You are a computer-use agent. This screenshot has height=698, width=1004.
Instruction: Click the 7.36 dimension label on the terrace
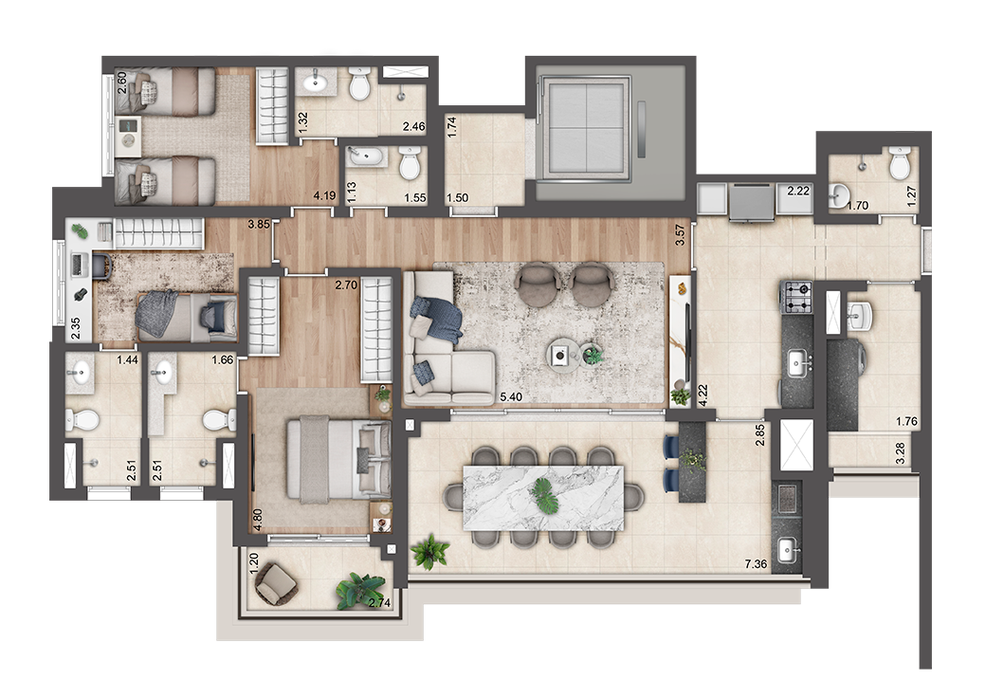pos(756,564)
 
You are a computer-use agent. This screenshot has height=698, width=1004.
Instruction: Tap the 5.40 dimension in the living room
pos(511,397)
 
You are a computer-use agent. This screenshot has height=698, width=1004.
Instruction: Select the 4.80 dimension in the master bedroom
pos(258,520)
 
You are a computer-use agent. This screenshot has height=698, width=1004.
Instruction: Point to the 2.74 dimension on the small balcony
pos(380,602)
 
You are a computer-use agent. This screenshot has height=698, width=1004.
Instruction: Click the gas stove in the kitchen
pos(796,297)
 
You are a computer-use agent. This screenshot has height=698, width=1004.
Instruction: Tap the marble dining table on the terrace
pos(543,498)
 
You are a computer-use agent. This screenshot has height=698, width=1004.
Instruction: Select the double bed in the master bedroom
pos(338,458)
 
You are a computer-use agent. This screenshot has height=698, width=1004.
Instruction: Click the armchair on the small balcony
pos(277,582)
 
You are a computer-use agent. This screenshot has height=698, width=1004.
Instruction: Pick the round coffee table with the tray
pos(563,354)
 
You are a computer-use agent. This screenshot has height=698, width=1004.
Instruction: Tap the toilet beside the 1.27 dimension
pos(899,164)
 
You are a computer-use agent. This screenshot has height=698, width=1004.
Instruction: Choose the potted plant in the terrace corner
pos(430,552)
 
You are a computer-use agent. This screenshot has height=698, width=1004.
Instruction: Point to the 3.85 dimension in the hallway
pos(260,224)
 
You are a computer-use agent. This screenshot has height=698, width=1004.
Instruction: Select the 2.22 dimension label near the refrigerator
pos(798,191)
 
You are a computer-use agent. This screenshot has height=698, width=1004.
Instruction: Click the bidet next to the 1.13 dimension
pos(366,157)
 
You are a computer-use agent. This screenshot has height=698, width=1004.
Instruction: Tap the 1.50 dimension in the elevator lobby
pos(457,198)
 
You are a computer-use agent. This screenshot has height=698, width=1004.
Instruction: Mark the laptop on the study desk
pos(79,264)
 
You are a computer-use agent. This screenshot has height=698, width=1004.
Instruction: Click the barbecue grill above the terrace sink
pos(786,499)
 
